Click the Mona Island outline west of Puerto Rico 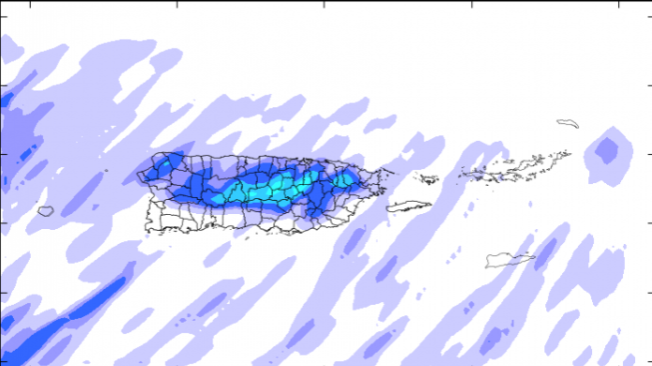click(x=45, y=211)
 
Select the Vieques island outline click(x=408, y=206)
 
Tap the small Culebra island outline click(x=429, y=179)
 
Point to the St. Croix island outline click(x=509, y=260)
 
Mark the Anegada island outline click(x=567, y=123)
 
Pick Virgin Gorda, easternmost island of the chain click(x=562, y=155)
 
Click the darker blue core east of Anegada click(x=608, y=149)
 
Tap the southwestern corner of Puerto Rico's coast click(x=148, y=226)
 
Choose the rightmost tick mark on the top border click(x=620, y=4)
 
